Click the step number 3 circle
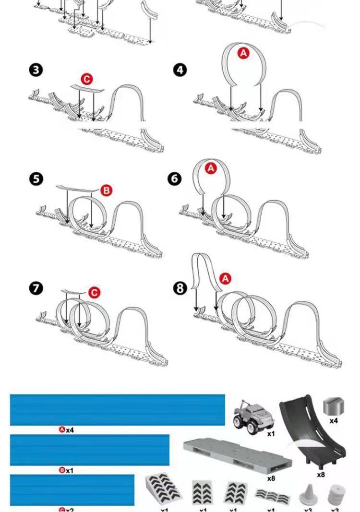(36, 70)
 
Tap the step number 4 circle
(180, 70)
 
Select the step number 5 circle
(36, 179)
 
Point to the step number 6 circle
(175, 179)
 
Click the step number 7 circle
(36, 288)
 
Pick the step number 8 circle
(180, 288)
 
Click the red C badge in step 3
(86, 79)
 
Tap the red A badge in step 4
(243, 53)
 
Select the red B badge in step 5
(106, 191)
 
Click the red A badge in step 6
(211, 168)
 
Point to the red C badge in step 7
(94, 293)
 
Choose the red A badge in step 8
(225, 279)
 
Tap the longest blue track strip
(117, 410)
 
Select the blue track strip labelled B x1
(90, 450)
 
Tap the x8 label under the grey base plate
(271, 478)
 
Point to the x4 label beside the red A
(70, 430)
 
